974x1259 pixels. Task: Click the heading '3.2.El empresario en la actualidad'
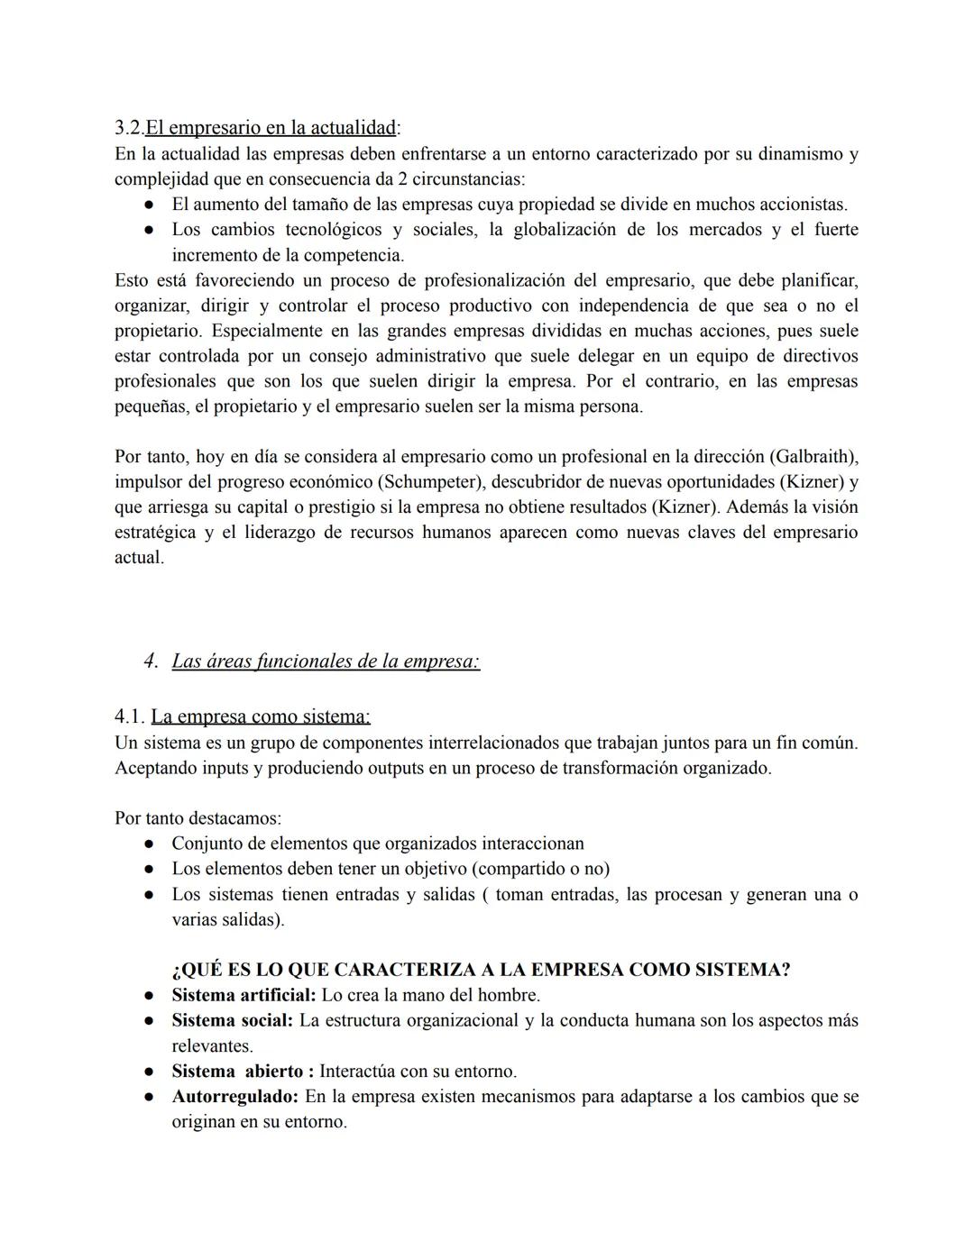[257, 128]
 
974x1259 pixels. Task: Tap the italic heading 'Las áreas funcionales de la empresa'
[325, 661]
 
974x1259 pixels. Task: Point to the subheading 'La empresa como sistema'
[260, 717]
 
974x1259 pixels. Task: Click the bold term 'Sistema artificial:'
[243, 996]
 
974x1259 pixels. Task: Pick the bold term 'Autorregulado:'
[234, 1097]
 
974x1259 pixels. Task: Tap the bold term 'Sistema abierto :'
[242, 1072]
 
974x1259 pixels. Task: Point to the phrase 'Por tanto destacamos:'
[198, 819]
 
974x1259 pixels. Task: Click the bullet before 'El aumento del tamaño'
[148, 205]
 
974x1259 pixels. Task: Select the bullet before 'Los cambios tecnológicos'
[148, 231]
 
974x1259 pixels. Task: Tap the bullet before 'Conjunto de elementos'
[148, 844]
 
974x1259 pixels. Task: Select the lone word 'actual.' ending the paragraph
[139, 558]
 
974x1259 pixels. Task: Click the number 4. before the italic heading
[151, 661]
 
